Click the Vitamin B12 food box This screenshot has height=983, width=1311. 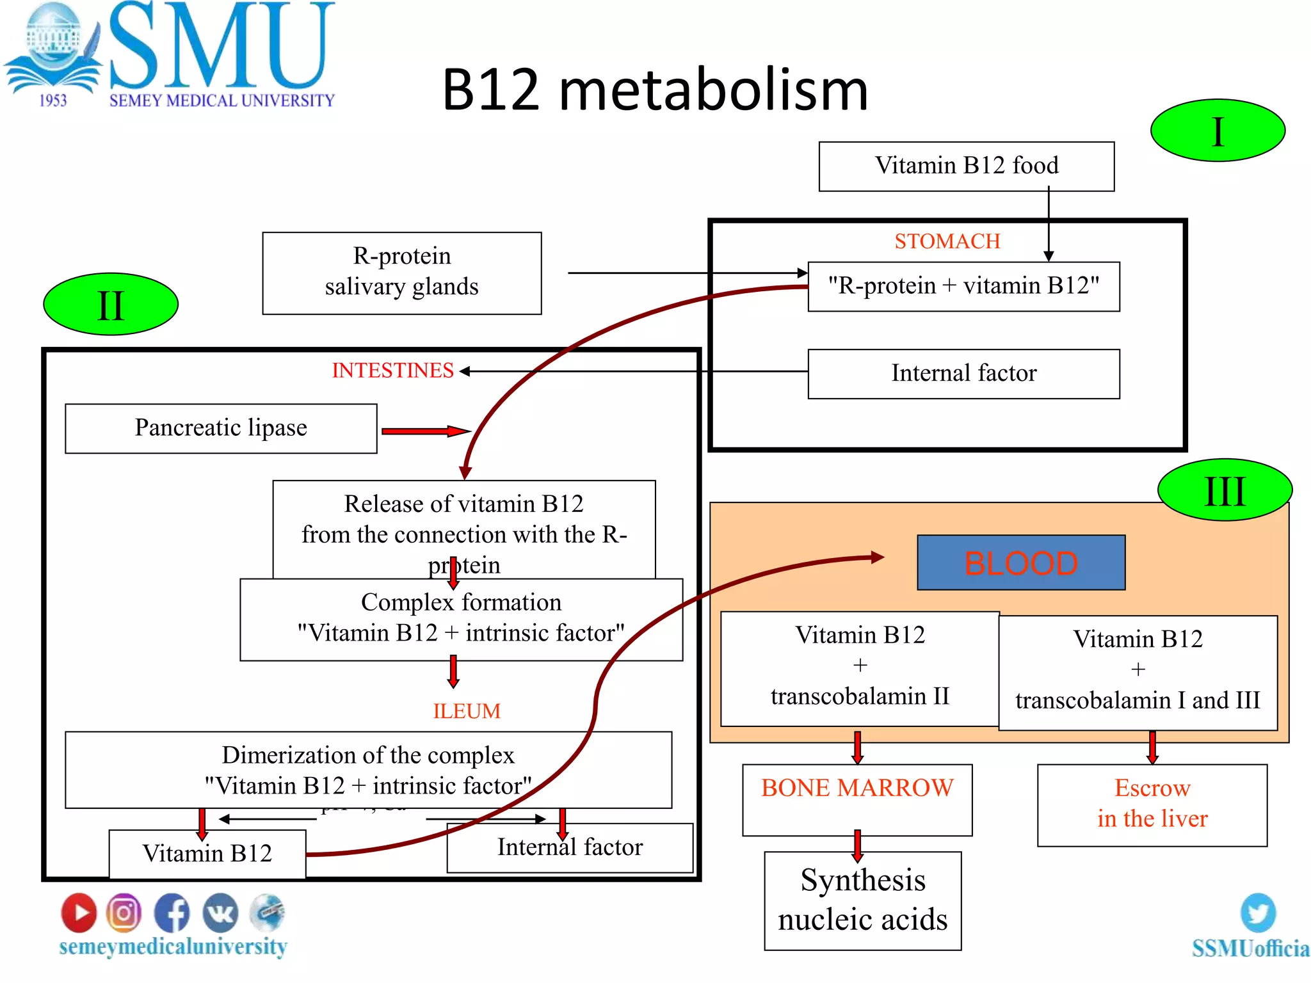tap(966, 166)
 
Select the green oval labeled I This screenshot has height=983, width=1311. tap(1217, 131)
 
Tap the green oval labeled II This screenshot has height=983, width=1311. tap(110, 305)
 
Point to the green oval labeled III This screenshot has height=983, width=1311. tap(1224, 490)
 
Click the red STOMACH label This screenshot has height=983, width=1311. tap(947, 241)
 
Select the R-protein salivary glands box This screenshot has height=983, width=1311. tap(401, 273)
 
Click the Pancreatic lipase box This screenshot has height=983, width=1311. tap(221, 428)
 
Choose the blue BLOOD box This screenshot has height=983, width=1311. tap(1020, 563)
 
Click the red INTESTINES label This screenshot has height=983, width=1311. tap(392, 371)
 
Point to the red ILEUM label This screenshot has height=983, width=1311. tap(466, 711)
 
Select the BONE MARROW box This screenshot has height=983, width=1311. tap(857, 799)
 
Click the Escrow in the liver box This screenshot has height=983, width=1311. tap(1152, 804)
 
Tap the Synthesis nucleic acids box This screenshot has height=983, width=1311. tap(862, 900)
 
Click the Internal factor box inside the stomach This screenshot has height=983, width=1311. tap(963, 374)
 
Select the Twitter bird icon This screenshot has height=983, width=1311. tap(1257, 912)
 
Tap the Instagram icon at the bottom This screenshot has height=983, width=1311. tap(124, 912)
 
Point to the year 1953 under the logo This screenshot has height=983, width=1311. tap(52, 100)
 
